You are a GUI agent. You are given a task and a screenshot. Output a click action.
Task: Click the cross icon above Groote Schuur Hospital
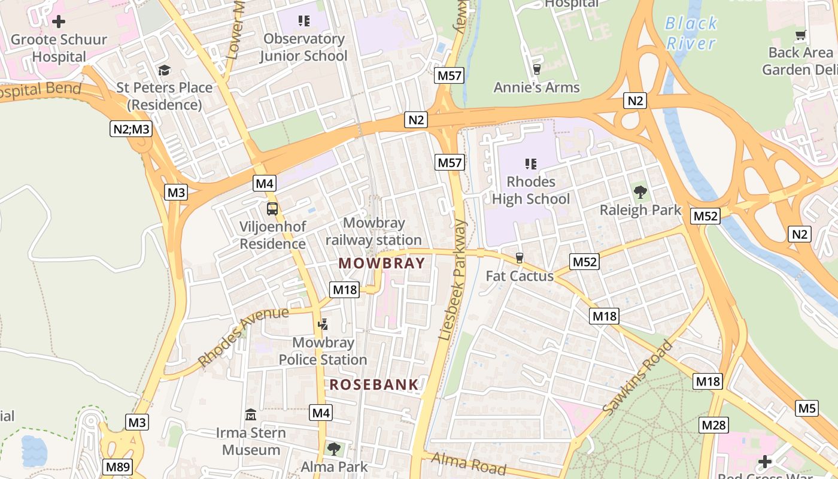[x=59, y=22]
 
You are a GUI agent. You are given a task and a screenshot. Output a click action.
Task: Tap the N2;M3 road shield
[x=130, y=128]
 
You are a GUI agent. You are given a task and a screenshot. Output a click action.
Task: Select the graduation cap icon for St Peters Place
[x=164, y=70]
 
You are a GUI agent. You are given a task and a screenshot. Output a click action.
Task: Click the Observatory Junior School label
[x=303, y=47]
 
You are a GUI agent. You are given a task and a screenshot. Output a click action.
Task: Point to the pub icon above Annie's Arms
[x=536, y=69]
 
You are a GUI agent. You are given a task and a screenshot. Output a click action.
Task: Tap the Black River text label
[x=691, y=33]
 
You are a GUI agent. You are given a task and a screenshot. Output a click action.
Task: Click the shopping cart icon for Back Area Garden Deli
[x=800, y=35]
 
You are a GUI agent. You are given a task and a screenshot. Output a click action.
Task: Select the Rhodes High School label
[x=531, y=190]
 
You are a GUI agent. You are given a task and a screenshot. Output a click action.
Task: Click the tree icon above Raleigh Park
[x=640, y=192]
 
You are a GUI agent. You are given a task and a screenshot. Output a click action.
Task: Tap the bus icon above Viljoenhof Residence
[x=272, y=209]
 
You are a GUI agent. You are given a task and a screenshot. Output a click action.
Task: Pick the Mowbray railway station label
[x=374, y=232]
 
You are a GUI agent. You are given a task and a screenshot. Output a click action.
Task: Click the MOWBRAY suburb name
[x=381, y=263]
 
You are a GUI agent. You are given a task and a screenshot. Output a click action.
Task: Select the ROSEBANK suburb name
[x=374, y=385]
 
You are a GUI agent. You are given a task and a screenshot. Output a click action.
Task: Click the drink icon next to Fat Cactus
[x=520, y=258]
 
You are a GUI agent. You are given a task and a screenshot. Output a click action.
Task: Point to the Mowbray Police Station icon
[x=323, y=325]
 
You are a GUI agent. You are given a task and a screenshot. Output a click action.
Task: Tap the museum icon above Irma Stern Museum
[x=251, y=414]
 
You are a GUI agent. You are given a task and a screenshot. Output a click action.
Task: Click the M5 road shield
[x=807, y=408]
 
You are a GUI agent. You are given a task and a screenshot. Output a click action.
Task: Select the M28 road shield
[x=713, y=425]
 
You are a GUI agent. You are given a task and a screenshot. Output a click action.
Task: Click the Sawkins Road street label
[x=637, y=378]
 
